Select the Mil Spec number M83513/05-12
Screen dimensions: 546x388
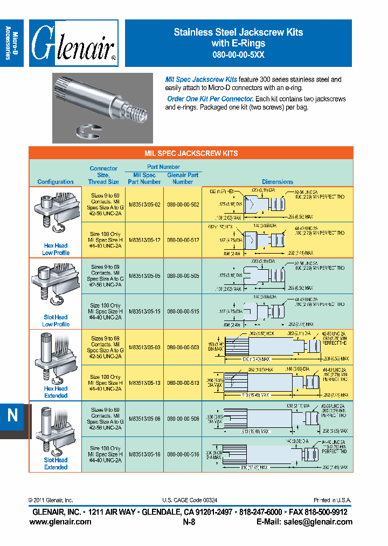coord(144,240)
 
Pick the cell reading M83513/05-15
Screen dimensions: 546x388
coord(144,311)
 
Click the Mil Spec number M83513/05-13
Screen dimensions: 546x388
coord(144,383)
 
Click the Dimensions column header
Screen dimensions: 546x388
coord(278,182)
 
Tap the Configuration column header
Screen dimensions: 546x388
coord(56,182)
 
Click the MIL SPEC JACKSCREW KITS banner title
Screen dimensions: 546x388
coord(191,153)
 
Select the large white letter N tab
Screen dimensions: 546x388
coord(12,415)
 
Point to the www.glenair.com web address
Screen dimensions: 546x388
coord(60,522)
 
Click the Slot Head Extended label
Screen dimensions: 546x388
coord(56,463)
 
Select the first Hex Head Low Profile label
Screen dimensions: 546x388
coord(56,249)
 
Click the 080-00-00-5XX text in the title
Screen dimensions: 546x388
coord(238,54)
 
